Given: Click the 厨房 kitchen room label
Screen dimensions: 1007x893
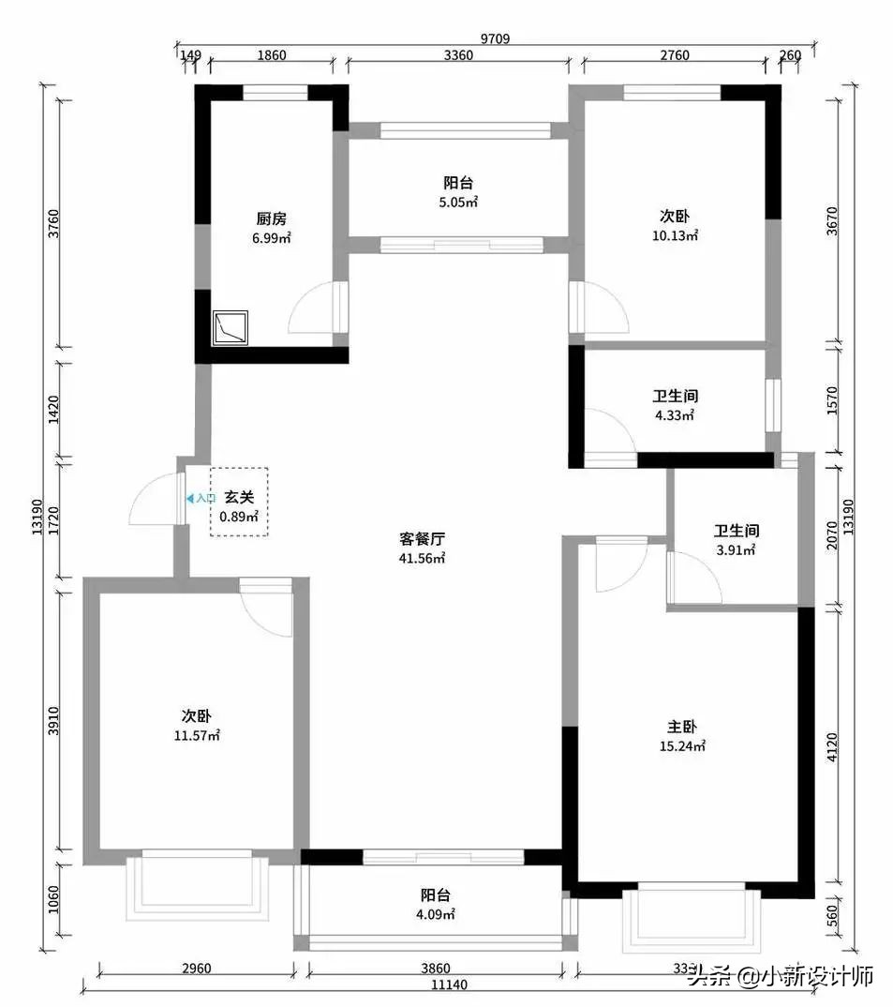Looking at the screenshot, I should [x=270, y=219].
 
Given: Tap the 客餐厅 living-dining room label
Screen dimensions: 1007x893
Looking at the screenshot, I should [x=421, y=539].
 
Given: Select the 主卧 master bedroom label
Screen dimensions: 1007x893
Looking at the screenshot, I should [x=682, y=728].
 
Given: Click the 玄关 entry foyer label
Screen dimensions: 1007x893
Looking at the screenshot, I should [x=239, y=498].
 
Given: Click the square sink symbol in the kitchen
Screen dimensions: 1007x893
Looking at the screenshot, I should [x=231, y=327].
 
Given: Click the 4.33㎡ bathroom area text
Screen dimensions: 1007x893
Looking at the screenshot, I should [x=675, y=414].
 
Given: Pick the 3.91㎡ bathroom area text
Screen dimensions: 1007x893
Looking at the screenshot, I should [x=736, y=550].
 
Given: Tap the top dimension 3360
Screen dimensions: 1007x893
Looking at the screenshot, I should [x=457, y=55].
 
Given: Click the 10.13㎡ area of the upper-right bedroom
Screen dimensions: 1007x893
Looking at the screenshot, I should [x=675, y=236].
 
